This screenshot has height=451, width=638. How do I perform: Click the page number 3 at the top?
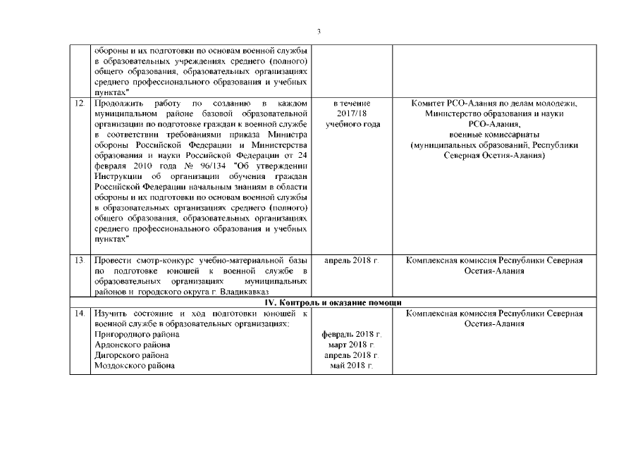pos(319,32)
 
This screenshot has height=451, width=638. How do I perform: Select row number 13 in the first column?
pos(79,261)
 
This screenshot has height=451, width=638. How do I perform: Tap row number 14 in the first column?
pos(79,313)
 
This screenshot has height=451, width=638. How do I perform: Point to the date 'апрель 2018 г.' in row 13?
pos(351,261)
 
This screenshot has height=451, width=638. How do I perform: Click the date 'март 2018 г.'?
pos(351,345)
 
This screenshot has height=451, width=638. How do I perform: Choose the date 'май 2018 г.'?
pos(351,366)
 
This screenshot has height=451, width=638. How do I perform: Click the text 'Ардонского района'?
pos(132,345)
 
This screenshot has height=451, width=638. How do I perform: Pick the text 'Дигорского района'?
pos(132,355)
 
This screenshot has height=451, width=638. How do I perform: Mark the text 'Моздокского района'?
pos(135,366)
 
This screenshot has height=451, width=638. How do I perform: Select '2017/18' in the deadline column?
pos(351,114)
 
